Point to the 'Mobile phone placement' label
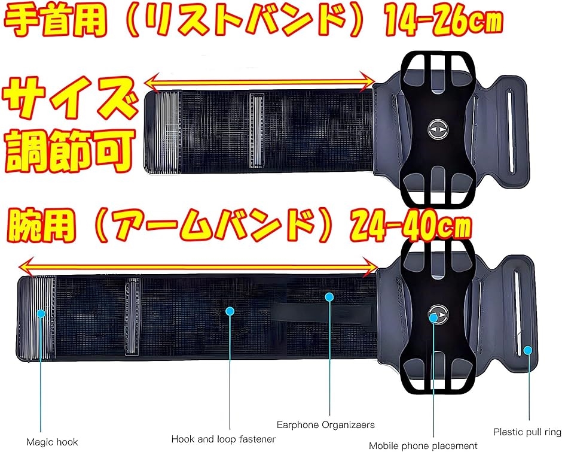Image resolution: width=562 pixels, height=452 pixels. click(423, 445)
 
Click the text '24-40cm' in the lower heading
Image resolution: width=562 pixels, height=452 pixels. click(412, 225)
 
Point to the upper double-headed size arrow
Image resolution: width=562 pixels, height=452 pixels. click(261, 80)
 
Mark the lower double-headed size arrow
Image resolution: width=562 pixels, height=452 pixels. click(198, 264)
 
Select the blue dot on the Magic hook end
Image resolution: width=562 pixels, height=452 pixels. click(41, 313)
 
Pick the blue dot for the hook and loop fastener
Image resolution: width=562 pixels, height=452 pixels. click(230, 310)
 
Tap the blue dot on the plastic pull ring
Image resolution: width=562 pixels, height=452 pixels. click(527, 349)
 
